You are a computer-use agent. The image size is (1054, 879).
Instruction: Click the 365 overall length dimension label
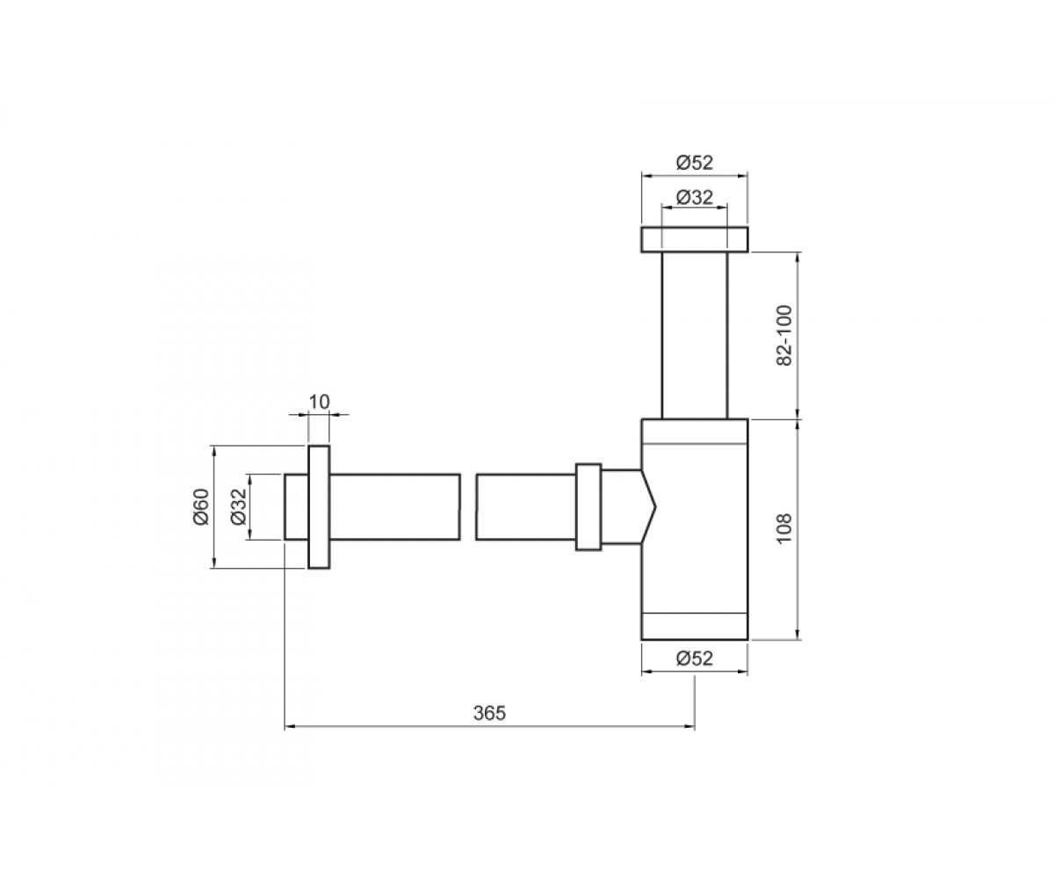489,713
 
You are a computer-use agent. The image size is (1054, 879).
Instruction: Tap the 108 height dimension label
784,528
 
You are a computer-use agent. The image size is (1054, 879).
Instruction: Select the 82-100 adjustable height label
784,336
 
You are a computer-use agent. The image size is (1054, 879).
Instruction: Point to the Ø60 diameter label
201,506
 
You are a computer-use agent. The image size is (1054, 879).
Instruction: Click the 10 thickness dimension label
319,402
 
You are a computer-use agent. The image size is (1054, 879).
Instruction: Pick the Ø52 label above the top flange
694,163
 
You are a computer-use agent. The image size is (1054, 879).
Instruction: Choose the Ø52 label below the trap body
694,658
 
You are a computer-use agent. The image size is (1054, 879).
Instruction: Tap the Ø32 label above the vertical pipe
694,197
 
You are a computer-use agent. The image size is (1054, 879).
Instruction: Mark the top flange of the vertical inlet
695,239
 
